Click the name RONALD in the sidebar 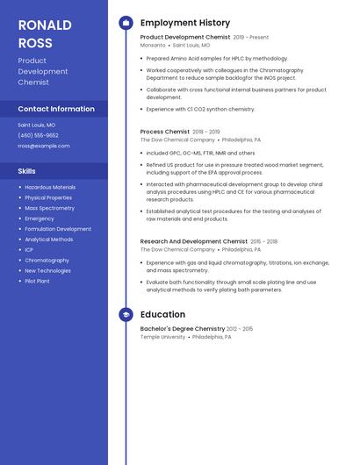[45, 25]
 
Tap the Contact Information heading [56, 109]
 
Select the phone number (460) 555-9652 [39, 135]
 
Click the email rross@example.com [44, 146]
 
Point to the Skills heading [27, 171]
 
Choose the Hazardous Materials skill [50, 187]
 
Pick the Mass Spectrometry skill [50, 208]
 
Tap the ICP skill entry [29, 250]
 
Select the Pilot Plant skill [38, 282]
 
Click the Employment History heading [185, 23]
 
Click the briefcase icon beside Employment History [126, 23]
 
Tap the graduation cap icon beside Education [126, 314]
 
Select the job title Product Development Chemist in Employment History [185, 38]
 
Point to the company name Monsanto [153, 45]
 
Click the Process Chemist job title [165, 132]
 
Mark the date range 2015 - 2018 [264, 241]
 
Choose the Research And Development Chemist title [194, 241]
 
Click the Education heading [162, 314]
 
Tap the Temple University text [163, 337]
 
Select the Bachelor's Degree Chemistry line [183, 329]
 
